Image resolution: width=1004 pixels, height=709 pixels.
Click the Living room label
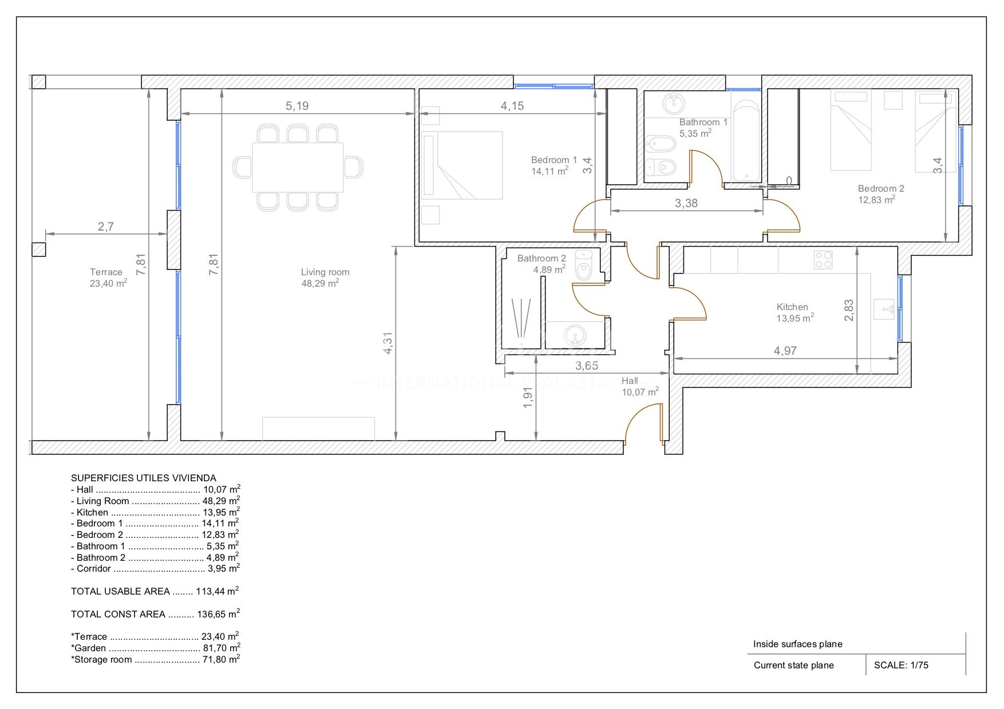[325, 272]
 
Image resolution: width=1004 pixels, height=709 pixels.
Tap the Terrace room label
[106, 272]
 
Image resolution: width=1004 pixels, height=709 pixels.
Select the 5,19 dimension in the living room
[297, 106]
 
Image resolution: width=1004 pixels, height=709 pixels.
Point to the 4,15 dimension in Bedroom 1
[512, 106]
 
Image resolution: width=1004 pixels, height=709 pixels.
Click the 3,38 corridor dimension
[686, 203]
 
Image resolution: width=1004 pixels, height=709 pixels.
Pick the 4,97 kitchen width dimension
[785, 351]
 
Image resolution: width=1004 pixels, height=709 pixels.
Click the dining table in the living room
[298, 167]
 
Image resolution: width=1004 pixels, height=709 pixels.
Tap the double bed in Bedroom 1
[462, 165]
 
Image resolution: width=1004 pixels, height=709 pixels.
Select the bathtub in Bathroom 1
[746, 141]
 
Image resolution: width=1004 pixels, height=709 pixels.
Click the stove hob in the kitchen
[823, 260]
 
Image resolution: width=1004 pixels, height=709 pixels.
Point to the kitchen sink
[884, 310]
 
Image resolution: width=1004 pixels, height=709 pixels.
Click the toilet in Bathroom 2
[584, 266]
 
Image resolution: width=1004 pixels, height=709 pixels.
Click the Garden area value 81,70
[221, 648]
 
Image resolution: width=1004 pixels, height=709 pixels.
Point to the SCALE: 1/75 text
[901, 665]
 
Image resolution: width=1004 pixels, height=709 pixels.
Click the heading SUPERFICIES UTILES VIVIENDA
[144, 478]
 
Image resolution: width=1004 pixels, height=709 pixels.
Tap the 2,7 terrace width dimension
[106, 227]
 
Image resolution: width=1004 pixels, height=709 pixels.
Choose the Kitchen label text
[792, 307]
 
